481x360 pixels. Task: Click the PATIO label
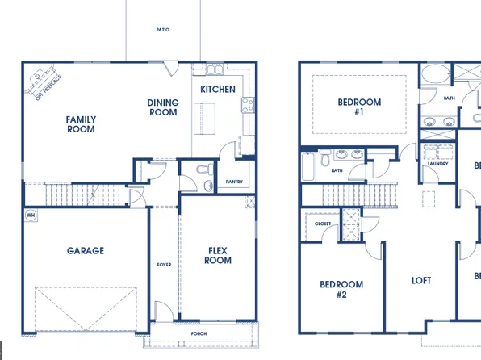click(163, 30)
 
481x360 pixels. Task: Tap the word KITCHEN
click(218, 90)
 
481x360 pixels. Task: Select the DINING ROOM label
click(163, 107)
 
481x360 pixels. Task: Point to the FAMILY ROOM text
click(81, 124)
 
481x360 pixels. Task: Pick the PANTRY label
click(234, 182)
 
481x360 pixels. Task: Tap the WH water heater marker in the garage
click(31, 216)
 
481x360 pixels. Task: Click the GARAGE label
click(85, 251)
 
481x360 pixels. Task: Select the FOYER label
click(164, 265)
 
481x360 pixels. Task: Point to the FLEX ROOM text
click(218, 255)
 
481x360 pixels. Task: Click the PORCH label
click(199, 333)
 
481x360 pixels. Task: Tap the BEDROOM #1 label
click(358, 107)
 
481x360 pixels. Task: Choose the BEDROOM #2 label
click(341, 289)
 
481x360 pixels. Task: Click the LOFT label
click(421, 281)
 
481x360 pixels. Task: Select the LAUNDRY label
click(438, 165)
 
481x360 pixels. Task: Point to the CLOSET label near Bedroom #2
click(323, 224)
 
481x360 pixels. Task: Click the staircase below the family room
click(73, 195)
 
